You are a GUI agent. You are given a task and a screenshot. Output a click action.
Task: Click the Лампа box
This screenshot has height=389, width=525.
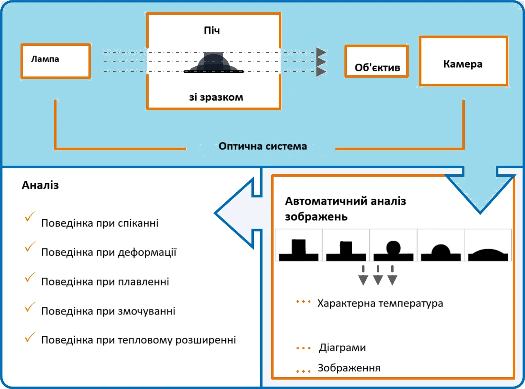55,61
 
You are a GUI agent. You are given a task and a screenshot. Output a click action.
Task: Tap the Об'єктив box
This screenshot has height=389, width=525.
376,61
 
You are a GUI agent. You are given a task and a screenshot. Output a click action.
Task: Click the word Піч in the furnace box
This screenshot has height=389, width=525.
212,31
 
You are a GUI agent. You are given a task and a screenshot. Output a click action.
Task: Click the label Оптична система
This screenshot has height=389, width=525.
262,146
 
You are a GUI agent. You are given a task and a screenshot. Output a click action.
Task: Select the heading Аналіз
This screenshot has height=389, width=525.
40,185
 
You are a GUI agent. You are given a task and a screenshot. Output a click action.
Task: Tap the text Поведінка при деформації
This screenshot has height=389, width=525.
109,252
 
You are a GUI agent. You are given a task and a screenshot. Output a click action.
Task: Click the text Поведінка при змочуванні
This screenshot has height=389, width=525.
108,311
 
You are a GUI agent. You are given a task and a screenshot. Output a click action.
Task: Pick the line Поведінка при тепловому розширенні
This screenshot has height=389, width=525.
138,340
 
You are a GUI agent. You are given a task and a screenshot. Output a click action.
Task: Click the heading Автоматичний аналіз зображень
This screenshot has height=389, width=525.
346,209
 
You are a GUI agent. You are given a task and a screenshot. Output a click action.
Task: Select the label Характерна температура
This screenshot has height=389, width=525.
380,304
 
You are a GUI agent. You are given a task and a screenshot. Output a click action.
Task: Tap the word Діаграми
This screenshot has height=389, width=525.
342,348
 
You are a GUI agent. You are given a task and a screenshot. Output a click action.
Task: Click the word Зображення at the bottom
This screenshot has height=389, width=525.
349,368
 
